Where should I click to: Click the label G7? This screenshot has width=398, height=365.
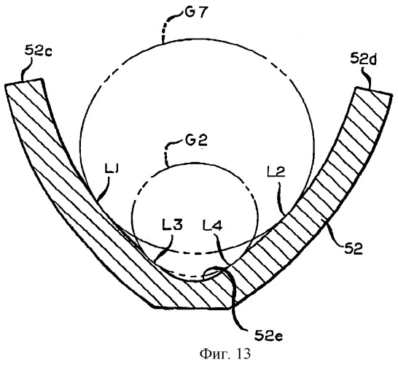click(194, 12)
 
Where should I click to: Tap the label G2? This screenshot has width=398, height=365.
click(196, 140)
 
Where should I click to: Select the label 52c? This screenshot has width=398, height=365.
click(39, 51)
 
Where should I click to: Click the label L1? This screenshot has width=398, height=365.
click(112, 170)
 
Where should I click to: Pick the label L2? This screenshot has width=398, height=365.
click(276, 172)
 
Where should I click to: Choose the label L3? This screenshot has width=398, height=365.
click(172, 224)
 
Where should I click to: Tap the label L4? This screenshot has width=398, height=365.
click(212, 225)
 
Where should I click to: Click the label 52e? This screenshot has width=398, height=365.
click(268, 337)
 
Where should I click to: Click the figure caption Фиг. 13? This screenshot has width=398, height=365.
click(225, 353)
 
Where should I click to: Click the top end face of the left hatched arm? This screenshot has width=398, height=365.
click(23, 82)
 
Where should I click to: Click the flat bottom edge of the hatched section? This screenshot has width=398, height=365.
click(192, 309)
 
